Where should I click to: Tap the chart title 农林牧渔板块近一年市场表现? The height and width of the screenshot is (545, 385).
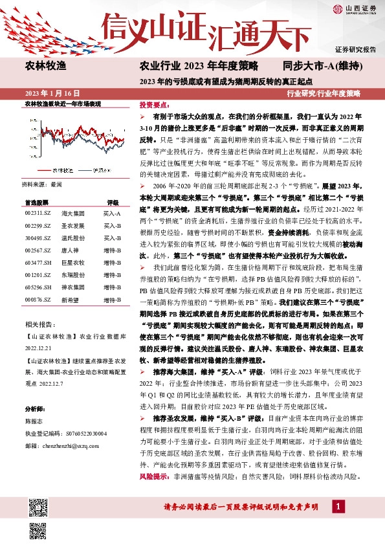click(x=63, y=104)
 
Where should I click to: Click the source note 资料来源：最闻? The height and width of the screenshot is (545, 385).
click(x=43, y=184)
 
